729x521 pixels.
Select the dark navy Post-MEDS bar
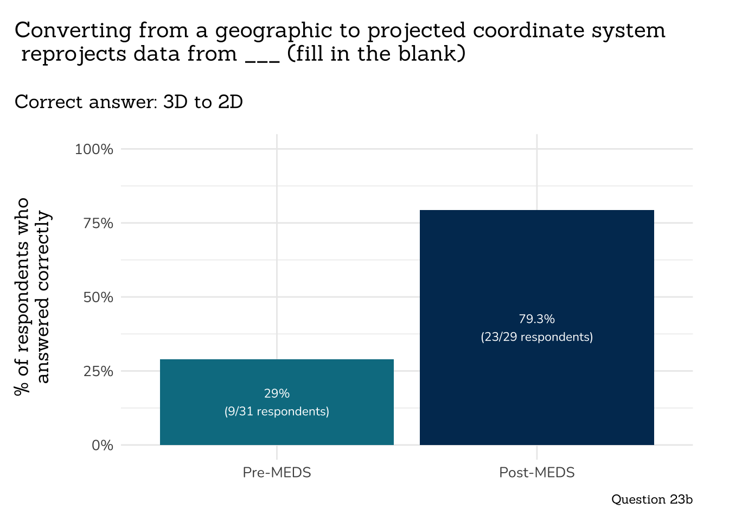pos(536,260)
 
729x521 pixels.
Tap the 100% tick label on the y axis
pos(94,149)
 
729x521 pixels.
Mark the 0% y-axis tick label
pos(102,446)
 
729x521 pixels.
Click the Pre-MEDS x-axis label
pos(277,473)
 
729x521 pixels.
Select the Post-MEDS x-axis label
pos(536,473)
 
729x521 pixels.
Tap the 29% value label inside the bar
pos(277,393)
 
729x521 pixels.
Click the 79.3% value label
pos(536,319)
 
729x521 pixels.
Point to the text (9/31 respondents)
pos(277,411)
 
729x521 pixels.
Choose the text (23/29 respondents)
pos(536,337)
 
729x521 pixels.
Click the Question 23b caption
pos(651,499)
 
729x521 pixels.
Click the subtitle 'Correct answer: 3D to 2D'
pos(129,102)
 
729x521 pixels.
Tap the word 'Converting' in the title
pos(73,30)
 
